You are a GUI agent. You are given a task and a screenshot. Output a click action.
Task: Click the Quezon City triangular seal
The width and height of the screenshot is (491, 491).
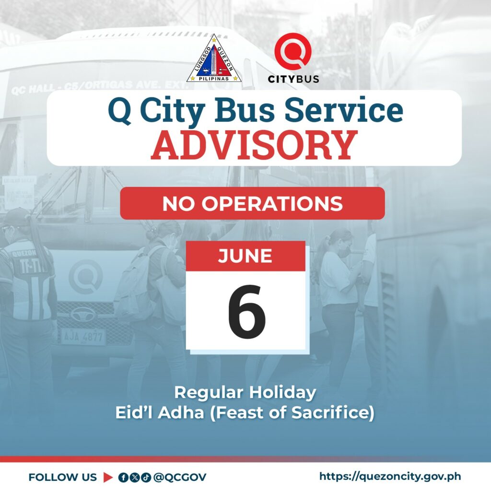(x=214, y=59)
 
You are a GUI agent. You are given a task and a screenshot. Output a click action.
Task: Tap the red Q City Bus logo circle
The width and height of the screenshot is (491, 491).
(x=293, y=51)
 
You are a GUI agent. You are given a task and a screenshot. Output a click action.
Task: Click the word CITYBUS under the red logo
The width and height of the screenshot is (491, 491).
(x=293, y=79)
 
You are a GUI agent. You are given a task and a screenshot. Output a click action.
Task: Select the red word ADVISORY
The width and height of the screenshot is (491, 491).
(x=254, y=145)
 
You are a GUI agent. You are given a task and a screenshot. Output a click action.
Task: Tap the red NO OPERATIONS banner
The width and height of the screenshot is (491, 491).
(x=252, y=203)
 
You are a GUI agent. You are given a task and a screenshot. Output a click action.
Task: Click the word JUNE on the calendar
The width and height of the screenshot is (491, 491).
(x=245, y=256)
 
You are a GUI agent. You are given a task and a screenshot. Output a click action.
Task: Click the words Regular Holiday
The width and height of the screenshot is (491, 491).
(x=245, y=392)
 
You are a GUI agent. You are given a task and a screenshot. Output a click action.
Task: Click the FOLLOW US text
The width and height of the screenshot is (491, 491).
(x=63, y=477)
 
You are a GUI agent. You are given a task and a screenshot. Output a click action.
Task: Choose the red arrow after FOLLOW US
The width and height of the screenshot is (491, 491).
(x=108, y=477)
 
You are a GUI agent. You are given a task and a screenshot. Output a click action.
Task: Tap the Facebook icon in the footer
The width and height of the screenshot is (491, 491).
(x=124, y=478)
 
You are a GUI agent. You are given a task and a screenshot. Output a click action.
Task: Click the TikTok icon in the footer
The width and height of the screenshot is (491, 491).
(x=146, y=478)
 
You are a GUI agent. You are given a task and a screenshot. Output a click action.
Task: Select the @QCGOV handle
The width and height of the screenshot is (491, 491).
(x=180, y=477)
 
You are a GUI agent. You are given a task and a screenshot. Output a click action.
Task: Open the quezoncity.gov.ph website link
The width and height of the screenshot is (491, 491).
(x=390, y=477)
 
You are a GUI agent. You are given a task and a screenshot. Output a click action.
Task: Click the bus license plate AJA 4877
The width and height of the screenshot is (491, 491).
(x=82, y=337)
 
